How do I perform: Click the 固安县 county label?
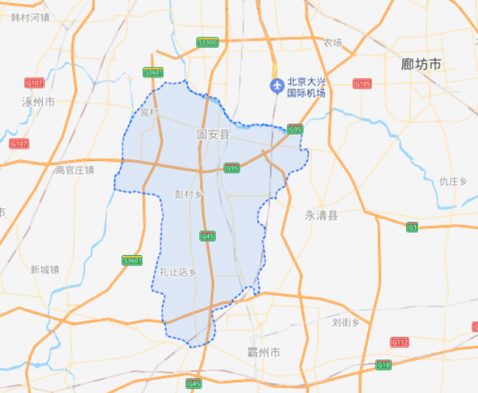click(212, 136)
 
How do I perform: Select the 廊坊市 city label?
click(421, 65)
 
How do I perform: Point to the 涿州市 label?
click(37, 102)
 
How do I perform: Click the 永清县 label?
click(321, 215)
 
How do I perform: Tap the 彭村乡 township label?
click(190, 195)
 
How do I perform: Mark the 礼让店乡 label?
click(177, 272)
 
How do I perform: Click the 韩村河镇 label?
click(30, 16)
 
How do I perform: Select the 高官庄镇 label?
click(73, 169)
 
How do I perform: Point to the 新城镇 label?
click(45, 269)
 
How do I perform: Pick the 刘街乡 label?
click(346, 321)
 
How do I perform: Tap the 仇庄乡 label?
click(452, 181)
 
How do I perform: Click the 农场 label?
click(332, 42)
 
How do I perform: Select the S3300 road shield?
click(207, 42)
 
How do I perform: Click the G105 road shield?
click(362, 83)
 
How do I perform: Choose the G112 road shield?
click(399, 342)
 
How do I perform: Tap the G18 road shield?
click(384, 365)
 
